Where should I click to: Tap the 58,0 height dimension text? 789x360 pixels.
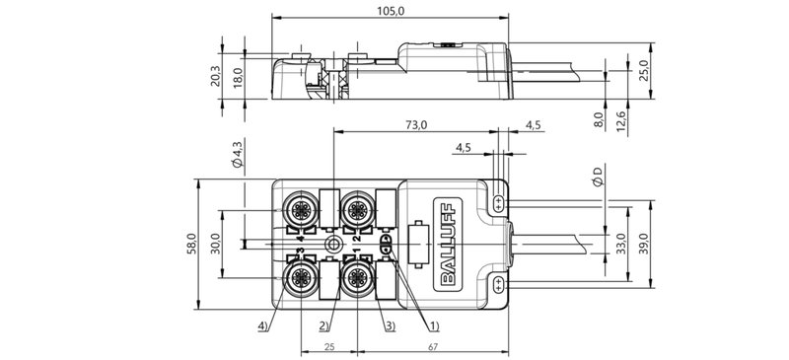point(194,243)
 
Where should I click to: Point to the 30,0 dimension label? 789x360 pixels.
point(215,243)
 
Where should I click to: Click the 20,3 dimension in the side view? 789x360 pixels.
point(217,76)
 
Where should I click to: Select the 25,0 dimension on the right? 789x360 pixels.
point(644,71)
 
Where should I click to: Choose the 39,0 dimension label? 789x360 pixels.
point(644,243)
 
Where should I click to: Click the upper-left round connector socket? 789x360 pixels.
point(299,208)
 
